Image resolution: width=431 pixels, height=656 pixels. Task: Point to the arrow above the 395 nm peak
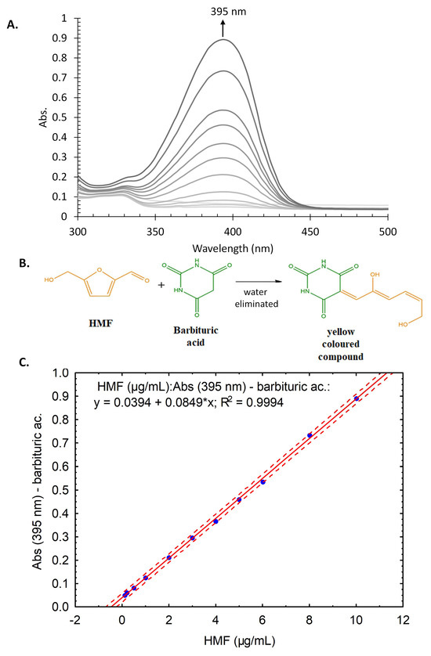click(x=222, y=27)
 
